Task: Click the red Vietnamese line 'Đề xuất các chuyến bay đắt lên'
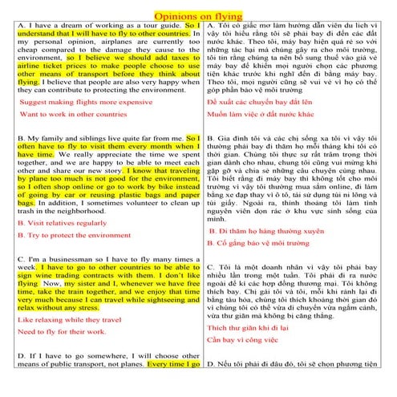click(x=261, y=103)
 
